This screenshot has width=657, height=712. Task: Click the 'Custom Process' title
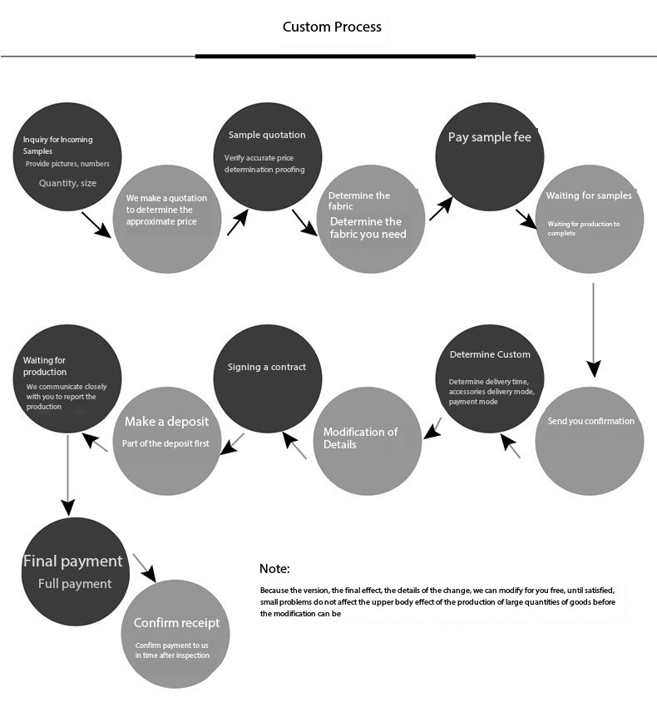[332, 27]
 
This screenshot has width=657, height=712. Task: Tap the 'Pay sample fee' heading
[490, 137]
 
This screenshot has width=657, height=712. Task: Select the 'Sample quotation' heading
[267, 135]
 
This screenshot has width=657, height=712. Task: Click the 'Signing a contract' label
[267, 367]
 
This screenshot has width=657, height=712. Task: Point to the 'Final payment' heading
[73, 561]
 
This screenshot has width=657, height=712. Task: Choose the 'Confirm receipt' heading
[176, 622]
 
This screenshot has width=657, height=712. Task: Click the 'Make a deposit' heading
[166, 422]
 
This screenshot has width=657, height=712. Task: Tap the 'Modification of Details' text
[360, 438]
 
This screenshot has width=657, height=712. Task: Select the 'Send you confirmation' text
[591, 422]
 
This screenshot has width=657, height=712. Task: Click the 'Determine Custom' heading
[490, 354]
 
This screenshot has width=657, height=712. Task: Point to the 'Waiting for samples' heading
[589, 195]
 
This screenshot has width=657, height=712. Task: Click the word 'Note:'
[274, 568]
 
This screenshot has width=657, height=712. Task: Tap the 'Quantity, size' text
[67, 183]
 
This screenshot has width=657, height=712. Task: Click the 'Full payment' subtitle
[75, 584]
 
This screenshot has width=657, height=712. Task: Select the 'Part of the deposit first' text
[165, 443]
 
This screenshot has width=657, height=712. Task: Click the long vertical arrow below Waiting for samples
[594, 330]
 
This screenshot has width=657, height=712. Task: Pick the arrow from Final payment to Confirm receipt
[145, 567]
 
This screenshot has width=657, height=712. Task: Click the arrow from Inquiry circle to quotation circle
[96, 225]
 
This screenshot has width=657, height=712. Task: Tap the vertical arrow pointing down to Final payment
[67, 476]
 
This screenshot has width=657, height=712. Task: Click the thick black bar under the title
[335, 57]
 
